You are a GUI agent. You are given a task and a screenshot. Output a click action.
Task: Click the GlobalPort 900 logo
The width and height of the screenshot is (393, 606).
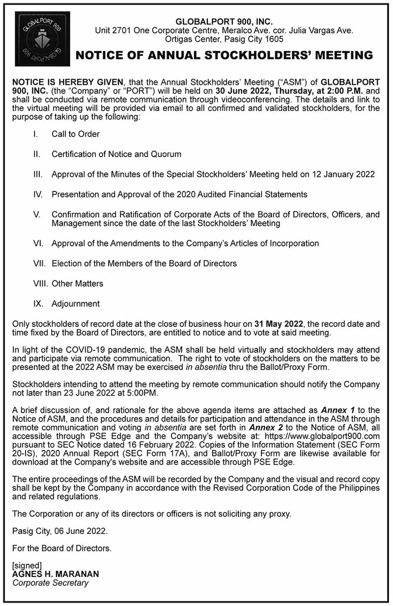[42, 39]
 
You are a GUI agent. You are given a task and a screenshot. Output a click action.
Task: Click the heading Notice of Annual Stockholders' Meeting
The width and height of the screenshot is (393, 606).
[224, 55]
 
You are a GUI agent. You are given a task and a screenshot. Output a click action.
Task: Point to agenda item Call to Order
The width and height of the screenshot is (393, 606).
[76, 134]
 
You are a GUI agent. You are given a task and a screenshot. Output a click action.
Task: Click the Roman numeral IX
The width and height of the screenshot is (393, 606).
[38, 304]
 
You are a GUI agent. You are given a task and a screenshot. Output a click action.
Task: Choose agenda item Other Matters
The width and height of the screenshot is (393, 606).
[77, 284]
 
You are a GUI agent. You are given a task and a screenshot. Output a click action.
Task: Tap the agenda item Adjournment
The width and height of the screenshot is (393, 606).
[76, 304]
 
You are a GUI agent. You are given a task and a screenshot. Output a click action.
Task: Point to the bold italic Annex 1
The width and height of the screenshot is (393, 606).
[338, 410]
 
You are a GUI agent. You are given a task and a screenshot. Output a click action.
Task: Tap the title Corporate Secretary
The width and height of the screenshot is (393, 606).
[51, 583]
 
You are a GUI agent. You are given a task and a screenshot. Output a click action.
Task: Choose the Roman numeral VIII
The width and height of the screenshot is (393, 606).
[39, 284]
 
